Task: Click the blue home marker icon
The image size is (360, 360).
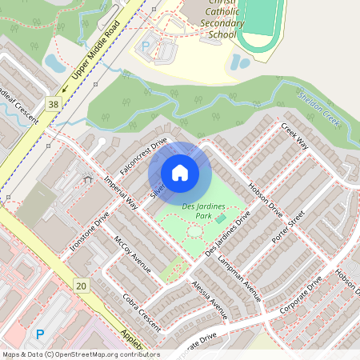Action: pyautogui.click(x=180, y=173)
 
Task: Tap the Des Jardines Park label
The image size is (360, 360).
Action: pyautogui.click(x=204, y=210)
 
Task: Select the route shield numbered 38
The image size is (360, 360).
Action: pyautogui.click(x=54, y=104)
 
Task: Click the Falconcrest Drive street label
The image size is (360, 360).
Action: pyautogui.click(x=142, y=156)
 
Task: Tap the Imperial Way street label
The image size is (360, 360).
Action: pyautogui.click(x=122, y=193)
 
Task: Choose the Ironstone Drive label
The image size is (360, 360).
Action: pyautogui.click(x=90, y=233)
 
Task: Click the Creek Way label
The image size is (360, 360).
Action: pyautogui.click(x=294, y=135)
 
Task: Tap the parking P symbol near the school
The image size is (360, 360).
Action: pyautogui.click(x=146, y=46)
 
